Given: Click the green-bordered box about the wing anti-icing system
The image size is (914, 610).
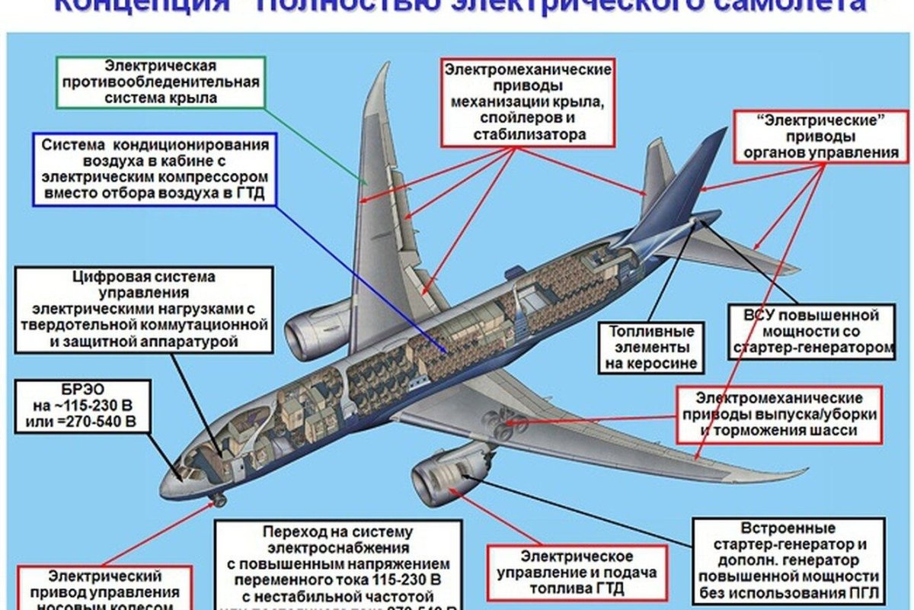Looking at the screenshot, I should pyautogui.click(x=161, y=82).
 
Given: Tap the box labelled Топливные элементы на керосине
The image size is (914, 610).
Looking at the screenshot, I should pyautogui.click(x=652, y=348).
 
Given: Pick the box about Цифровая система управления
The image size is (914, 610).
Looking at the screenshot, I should pyautogui.click(x=145, y=309).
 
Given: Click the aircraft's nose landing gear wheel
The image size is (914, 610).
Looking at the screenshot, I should pyautogui.click(x=219, y=499).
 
